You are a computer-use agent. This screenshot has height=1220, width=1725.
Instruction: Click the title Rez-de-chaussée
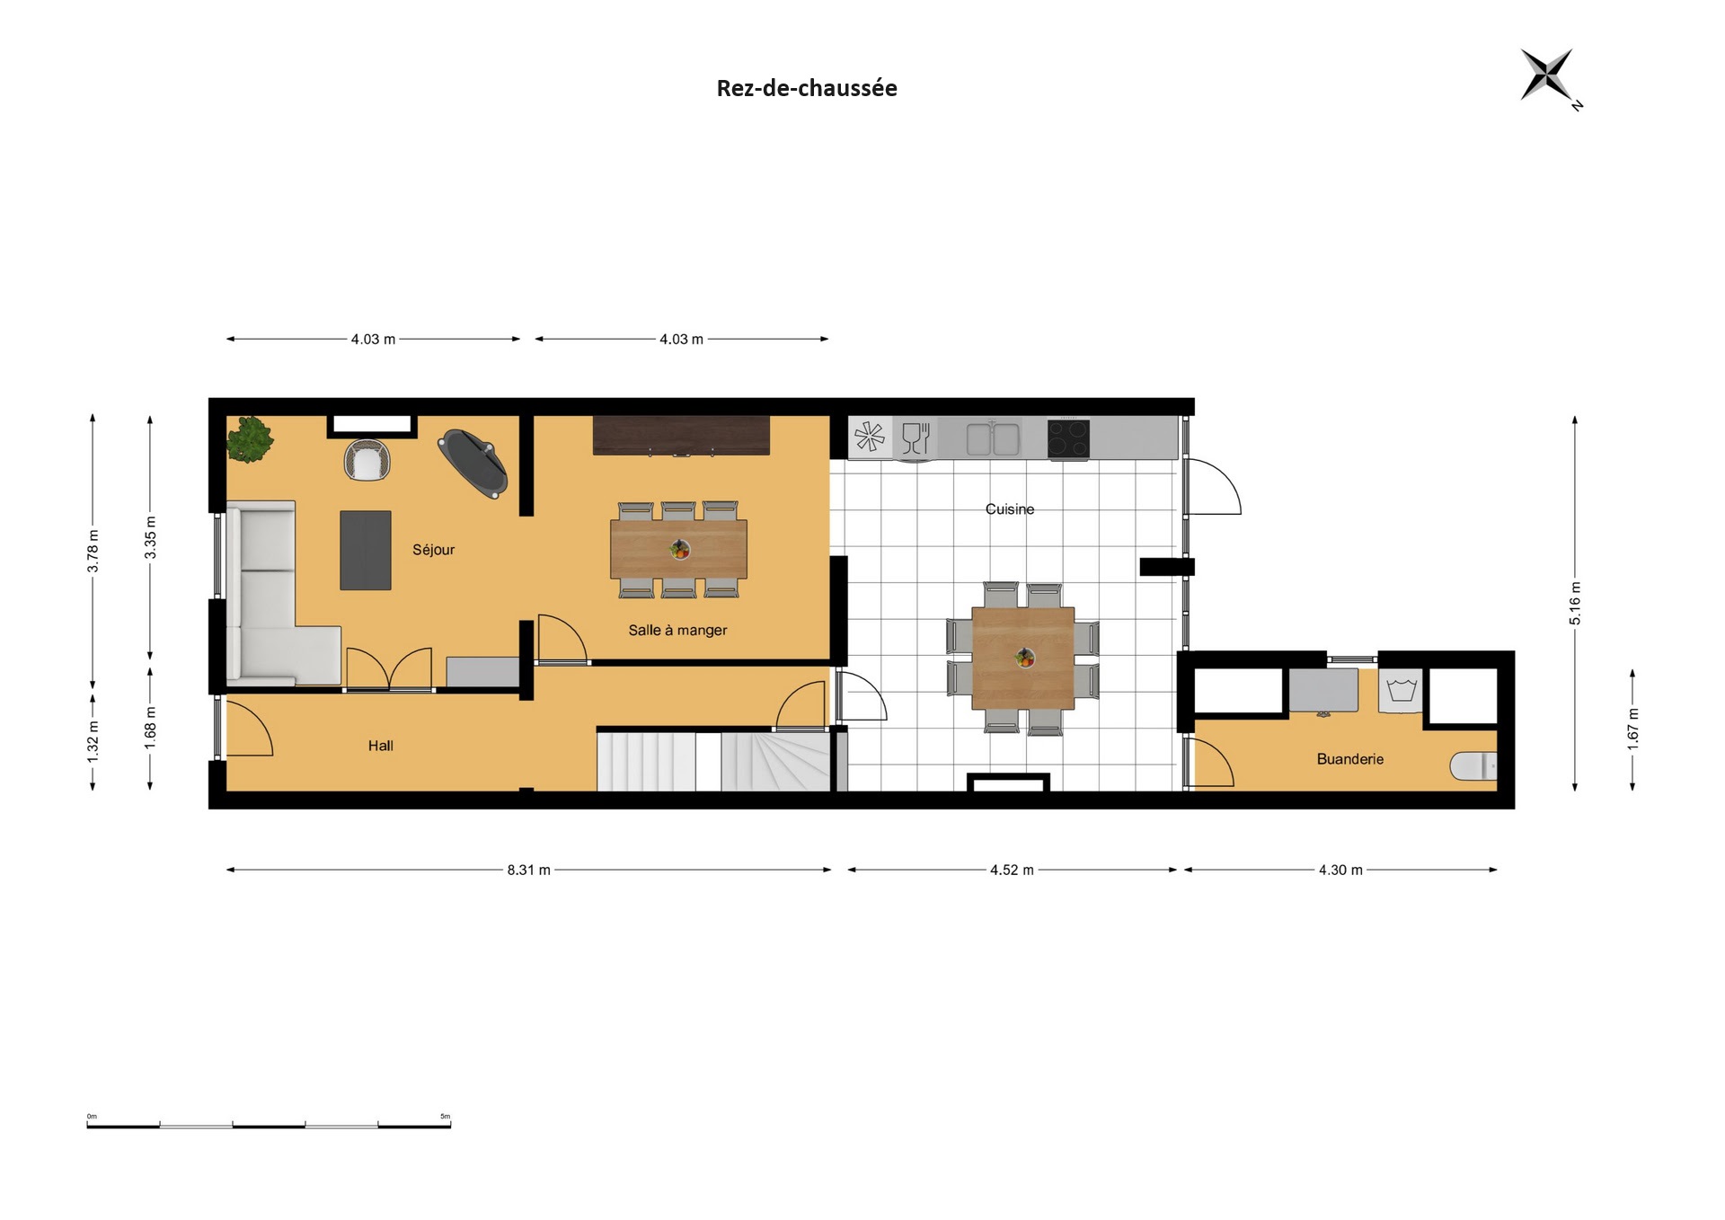point(807,88)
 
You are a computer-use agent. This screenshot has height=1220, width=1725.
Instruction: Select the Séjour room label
point(434,550)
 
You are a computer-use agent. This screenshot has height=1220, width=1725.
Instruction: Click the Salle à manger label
point(677,630)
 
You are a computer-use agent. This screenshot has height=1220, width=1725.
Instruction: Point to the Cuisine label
point(1010,509)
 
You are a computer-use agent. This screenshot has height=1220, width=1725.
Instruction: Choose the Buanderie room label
point(1349,759)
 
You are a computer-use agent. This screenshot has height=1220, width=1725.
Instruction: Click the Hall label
point(381,746)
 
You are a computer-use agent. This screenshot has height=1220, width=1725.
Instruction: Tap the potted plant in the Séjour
point(250,439)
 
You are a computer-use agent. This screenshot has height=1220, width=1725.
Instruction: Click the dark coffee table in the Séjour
point(366,550)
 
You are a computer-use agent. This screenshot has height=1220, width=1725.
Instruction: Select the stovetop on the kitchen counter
point(1069,439)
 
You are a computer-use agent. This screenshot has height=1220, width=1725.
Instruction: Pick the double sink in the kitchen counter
point(993,438)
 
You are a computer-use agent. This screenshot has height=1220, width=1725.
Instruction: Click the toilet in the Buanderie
point(1473,765)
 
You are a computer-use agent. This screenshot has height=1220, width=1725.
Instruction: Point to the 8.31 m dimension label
point(528,870)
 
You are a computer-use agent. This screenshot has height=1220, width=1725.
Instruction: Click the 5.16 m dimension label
point(1575,604)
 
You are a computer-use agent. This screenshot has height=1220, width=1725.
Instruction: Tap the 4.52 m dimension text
point(1012,870)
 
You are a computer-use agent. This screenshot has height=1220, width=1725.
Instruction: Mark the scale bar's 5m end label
point(445,1117)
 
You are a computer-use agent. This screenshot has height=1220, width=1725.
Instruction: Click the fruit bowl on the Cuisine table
point(1024,659)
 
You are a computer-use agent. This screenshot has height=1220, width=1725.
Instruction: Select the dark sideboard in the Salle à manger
point(681,436)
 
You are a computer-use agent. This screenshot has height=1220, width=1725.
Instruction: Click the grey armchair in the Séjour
point(367,460)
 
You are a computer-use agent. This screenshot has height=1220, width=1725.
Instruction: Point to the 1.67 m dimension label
point(1632,729)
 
